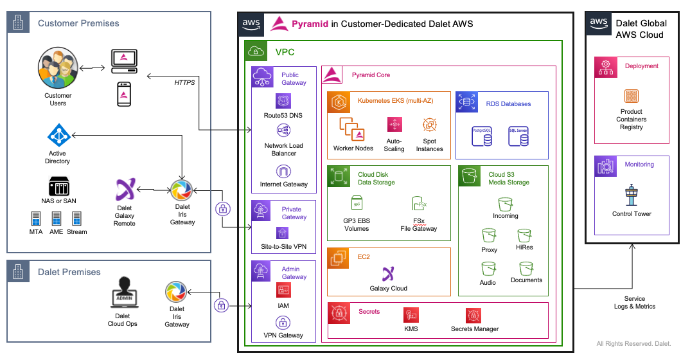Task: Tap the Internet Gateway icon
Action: click(283, 171)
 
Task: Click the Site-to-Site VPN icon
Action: click(283, 233)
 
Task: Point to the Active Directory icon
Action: click(58, 136)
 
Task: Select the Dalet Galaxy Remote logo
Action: click(125, 190)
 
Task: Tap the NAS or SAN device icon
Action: click(58, 186)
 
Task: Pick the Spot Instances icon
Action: click(429, 125)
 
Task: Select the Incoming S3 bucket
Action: click(505, 203)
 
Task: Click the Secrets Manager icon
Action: click(475, 315)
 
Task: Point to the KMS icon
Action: click(411, 315)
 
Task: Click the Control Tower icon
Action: click(631, 195)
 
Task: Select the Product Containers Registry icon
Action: click(631, 96)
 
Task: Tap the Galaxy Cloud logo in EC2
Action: click(388, 274)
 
